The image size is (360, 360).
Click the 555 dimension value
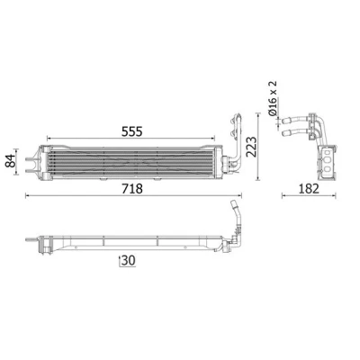(131, 131)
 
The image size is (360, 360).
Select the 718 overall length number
(132, 189)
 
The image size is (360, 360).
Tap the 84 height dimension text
(11, 161)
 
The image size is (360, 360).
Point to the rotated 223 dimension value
(251, 147)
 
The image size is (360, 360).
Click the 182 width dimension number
(309, 189)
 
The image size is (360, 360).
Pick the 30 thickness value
(129, 261)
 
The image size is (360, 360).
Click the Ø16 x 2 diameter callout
(273, 98)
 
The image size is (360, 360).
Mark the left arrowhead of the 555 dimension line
(49, 139)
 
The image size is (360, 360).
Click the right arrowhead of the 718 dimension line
(239, 196)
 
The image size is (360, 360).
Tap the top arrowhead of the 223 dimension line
(257, 115)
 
